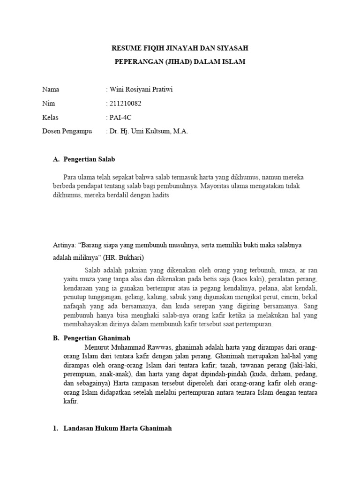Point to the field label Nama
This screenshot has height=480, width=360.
(x=51, y=90)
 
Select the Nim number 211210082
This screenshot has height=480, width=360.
(x=125, y=104)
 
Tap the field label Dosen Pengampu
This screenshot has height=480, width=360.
(x=67, y=131)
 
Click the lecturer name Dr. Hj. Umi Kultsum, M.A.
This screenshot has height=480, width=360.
(x=149, y=131)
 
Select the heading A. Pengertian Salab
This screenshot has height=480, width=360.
(x=84, y=159)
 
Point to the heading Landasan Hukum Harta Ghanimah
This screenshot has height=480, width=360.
(x=118, y=428)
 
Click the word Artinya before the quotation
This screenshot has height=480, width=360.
(x=63, y=245)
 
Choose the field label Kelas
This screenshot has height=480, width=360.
(x=51, y=117)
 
